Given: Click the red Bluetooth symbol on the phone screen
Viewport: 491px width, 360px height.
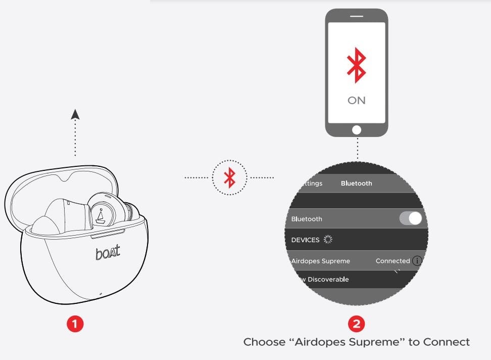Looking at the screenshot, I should click(356, 66).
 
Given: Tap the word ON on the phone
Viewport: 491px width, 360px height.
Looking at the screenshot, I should click(356, 100).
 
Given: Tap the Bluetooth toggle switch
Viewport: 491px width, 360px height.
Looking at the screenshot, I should click(410, 218).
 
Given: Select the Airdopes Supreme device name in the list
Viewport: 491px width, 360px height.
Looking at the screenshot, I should click(321, 261).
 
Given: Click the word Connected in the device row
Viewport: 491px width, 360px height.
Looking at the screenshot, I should click(392, 261).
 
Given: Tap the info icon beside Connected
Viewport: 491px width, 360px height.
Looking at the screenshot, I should click(417, 261).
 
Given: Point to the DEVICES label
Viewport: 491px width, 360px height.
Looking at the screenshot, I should click(306, 240).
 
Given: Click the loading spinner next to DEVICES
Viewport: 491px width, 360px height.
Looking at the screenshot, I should click(328, 239).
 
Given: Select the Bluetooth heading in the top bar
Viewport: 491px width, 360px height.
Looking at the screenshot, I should click(356, 184).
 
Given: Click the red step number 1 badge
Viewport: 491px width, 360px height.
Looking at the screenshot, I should click(75, 324).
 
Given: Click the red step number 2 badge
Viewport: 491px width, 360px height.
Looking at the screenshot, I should click(356, 324).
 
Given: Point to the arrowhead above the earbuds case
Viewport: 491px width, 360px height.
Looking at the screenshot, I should click(75, 115).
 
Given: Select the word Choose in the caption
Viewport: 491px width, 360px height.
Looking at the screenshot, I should click(264, 342).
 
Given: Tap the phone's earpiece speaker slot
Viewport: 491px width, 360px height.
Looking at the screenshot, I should click(356, 16).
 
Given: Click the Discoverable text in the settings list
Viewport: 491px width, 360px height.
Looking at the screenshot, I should click(328, 279).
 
